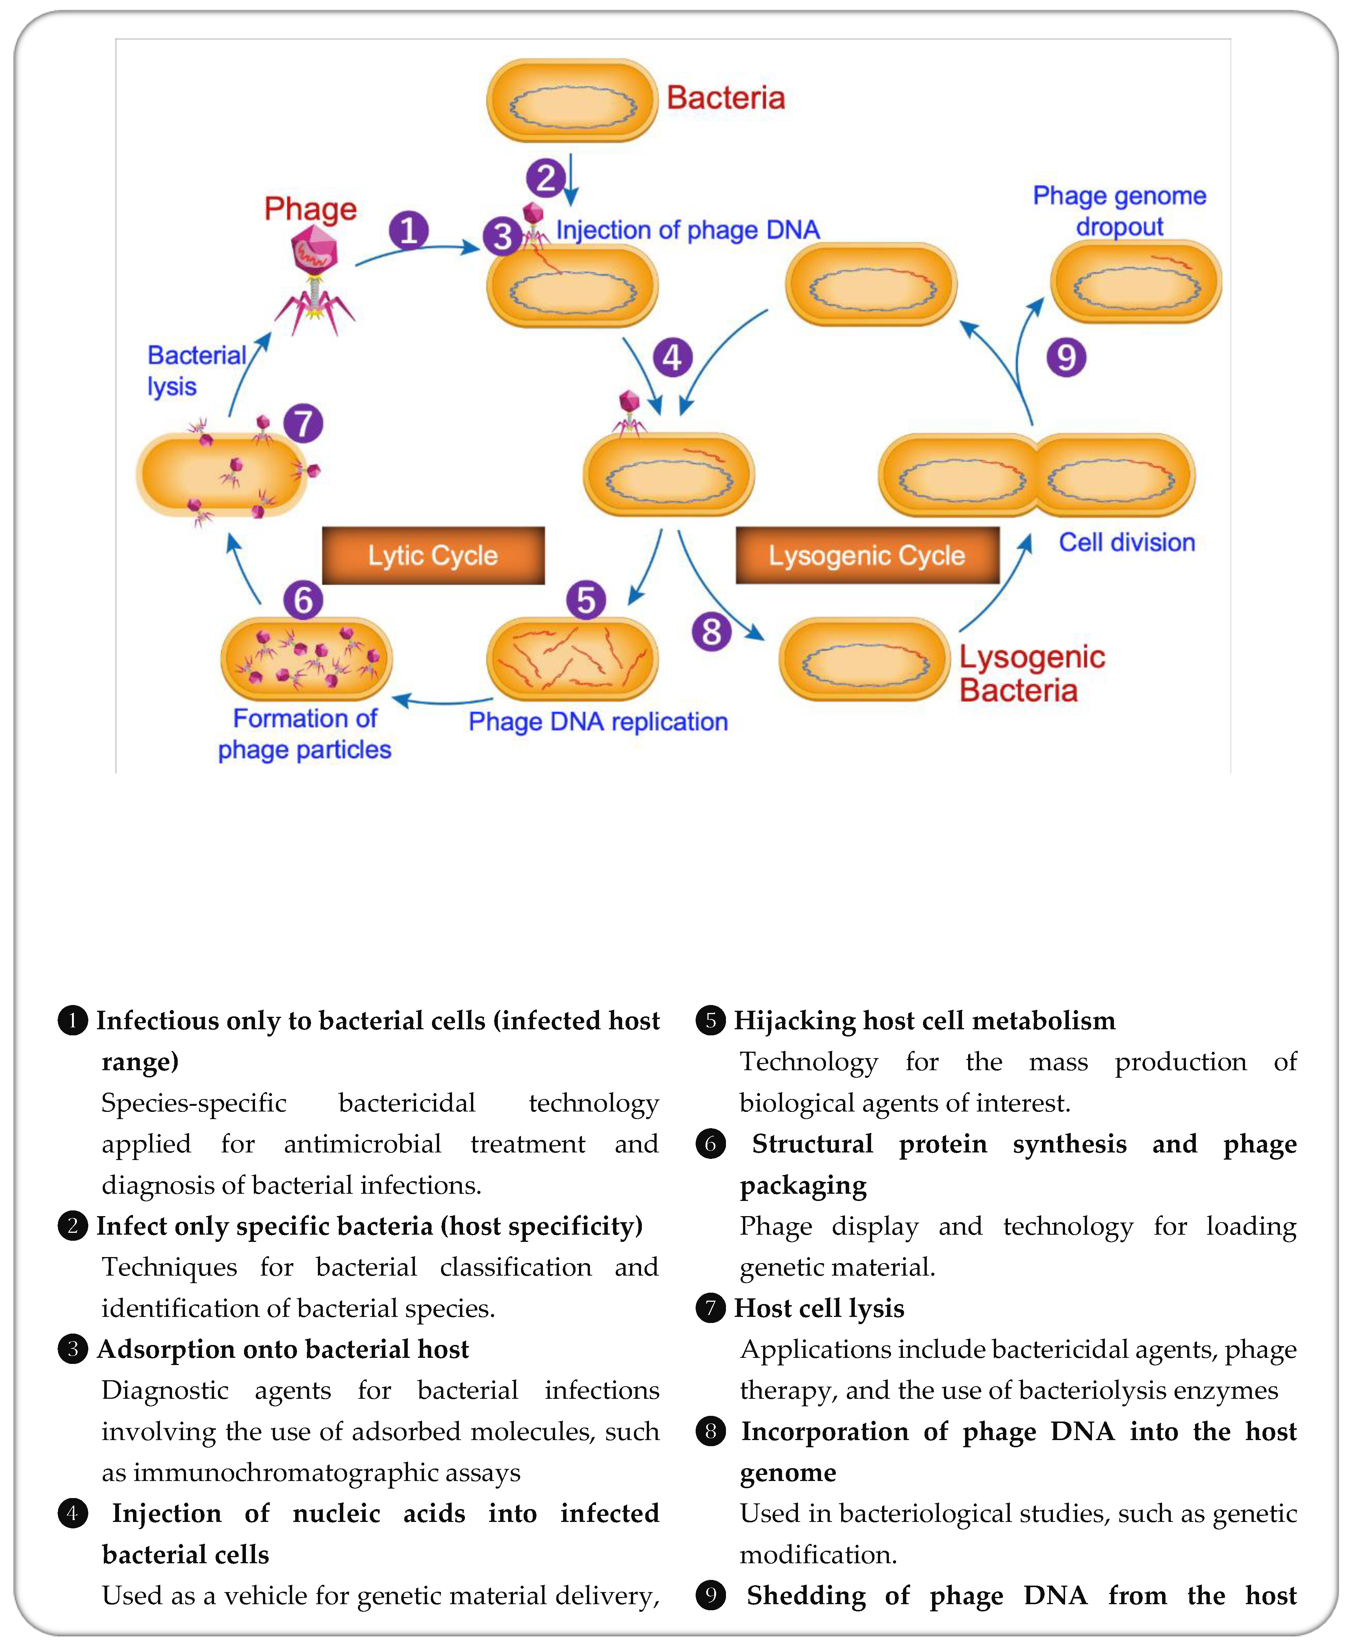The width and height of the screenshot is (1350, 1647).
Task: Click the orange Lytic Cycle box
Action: point(433,555)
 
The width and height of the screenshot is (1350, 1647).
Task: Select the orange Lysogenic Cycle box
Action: point(867,555)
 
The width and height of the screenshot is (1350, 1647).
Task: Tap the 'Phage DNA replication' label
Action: point(597,722)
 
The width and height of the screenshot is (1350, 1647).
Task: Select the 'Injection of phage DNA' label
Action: point(687,230)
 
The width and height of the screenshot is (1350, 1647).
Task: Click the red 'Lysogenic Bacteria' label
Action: point(1030,673)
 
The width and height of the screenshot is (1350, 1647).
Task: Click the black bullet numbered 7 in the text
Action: point(710,1308)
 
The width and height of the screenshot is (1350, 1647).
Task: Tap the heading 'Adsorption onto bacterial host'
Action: point(283,1349)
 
